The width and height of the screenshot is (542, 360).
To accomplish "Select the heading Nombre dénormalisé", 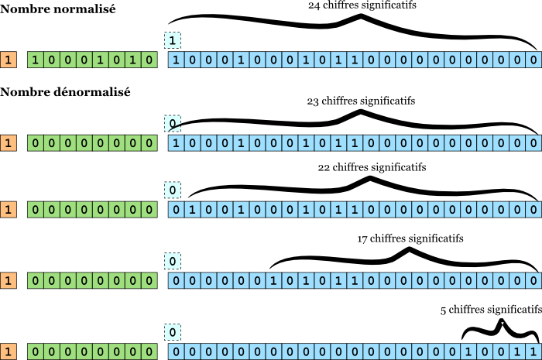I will pos(65,92).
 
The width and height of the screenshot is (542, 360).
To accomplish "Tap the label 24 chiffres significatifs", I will pos(362,5).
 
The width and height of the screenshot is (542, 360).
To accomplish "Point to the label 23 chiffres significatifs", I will pos(361,101).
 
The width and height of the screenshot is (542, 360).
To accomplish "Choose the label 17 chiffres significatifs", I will pos(410,238).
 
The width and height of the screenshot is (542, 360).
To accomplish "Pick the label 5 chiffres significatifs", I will pos(491,310).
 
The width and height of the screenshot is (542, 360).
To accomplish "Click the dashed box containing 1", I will pos(173,39).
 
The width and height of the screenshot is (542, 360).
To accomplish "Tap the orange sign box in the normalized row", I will pos(8,60).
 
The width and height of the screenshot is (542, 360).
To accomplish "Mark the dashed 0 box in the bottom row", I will pos(173,333).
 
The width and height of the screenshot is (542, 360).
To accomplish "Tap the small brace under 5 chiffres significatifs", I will pos(500,329).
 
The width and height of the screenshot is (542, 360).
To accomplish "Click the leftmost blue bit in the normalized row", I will pos(177,60).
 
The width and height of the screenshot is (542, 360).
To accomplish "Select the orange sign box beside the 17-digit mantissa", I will pos(8,281).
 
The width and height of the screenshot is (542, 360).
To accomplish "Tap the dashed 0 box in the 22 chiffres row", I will pos(173,190).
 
